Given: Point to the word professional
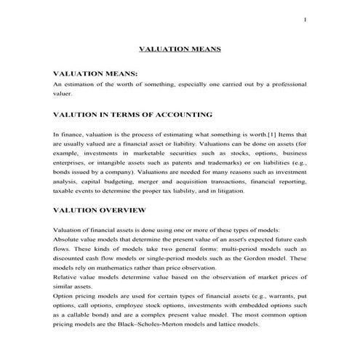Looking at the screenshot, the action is pos(285,84).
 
